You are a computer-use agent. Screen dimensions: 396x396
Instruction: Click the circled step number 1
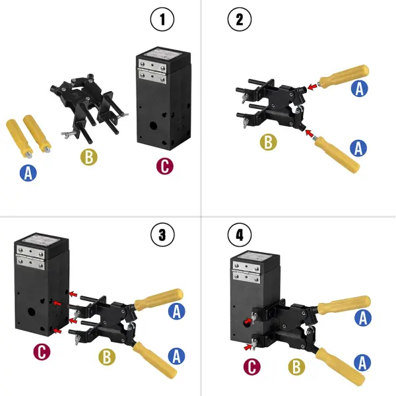[x=162, y=20]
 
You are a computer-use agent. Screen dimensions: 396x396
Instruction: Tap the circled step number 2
[x=239, y=20]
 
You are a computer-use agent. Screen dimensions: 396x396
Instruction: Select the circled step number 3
[x=162, y=234]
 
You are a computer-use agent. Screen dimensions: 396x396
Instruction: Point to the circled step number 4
[x=239, y=234]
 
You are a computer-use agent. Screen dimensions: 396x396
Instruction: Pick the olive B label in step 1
[x=89, y=158]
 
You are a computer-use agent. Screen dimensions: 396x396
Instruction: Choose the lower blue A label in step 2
[x=358, y=148]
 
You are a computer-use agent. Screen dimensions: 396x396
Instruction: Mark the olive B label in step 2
[x=267, y=141]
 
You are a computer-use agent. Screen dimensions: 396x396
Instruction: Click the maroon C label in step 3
[x=41, y=352]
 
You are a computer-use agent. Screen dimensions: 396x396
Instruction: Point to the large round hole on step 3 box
[x=32, y=309]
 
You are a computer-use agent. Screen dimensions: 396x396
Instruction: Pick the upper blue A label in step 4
[x=362, y=318]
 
